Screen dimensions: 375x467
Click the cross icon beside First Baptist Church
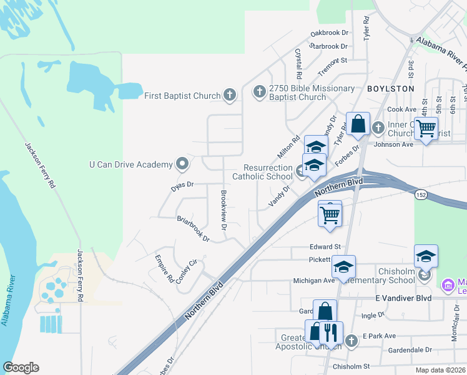230,96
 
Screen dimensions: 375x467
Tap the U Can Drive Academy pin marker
182,164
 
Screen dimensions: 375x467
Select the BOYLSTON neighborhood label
390,89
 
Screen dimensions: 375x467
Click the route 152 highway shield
421,195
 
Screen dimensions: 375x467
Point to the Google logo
21,367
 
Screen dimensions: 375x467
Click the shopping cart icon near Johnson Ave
426,129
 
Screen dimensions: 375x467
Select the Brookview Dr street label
223,208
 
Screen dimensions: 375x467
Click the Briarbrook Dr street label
192,228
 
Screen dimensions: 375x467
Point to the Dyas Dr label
183,186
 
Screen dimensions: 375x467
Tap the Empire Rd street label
164,268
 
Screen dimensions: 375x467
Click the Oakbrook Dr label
329,32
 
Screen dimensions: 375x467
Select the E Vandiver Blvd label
403,298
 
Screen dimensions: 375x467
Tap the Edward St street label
325,247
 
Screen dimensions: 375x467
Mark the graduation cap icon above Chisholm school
426,255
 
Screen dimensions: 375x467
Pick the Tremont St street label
332,61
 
